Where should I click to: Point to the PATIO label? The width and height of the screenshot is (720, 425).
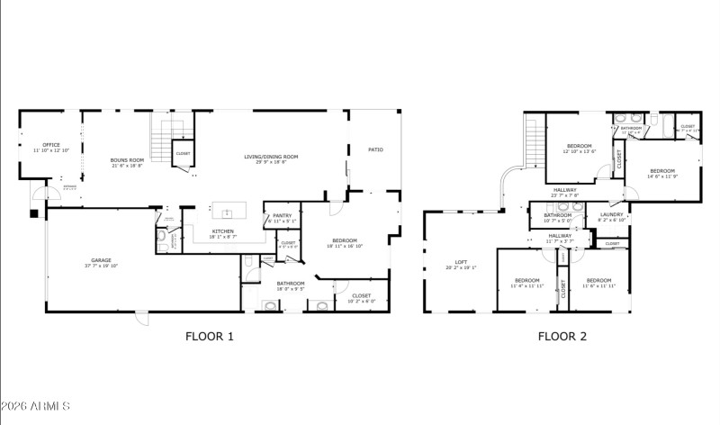tap(375, 149)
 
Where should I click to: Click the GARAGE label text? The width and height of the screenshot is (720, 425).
tap(102, 263)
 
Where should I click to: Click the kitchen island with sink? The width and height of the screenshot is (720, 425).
tap(228, 213)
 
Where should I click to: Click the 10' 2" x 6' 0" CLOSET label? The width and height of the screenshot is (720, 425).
tap(361, 296)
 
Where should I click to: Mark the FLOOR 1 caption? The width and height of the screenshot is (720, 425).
tap(209, 338)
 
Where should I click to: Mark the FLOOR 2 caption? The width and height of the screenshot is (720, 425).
tap(562, 338)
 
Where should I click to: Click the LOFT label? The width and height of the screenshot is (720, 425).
tap(459, 265)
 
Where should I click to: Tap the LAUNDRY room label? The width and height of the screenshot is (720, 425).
tap(612, 217)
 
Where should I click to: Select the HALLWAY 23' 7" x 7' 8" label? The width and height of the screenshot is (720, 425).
tap(565, 192)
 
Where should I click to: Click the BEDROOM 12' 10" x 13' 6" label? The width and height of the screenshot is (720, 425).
tap(579, 148)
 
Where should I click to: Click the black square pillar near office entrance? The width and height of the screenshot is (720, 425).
tap(34, 214)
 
